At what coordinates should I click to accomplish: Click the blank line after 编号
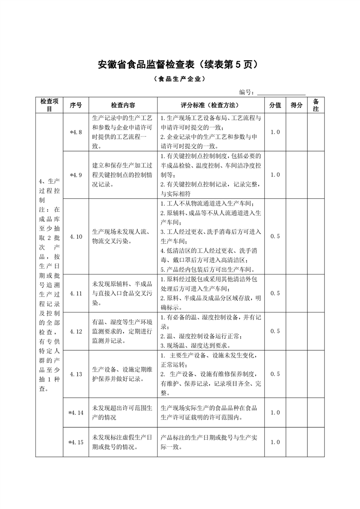[x=281, y=93]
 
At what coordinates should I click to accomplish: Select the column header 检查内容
[x=123, y=105]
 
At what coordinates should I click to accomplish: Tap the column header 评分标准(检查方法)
[x=210, y=105]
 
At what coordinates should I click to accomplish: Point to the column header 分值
[x=275, y=105]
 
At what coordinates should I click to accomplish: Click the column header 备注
[x=316, y=105]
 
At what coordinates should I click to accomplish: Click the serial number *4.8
[x=76, y=132]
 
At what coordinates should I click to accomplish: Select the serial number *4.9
[x=76, y=175]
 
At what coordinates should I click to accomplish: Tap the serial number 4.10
[x=76, y=236]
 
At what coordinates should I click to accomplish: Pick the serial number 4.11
[x=76, y=293]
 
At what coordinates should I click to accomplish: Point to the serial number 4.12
[x=76, y=331]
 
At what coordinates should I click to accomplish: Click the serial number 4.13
[x=76, y=374]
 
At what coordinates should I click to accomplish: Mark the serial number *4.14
[x=76, y=413]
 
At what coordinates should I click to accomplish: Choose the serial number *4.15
[x=76, y=442]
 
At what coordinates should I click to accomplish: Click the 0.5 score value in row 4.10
[x=275, y=236]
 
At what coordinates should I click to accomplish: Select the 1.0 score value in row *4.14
[x=275, y=413]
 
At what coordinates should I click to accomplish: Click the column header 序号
[x=76, y=105]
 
